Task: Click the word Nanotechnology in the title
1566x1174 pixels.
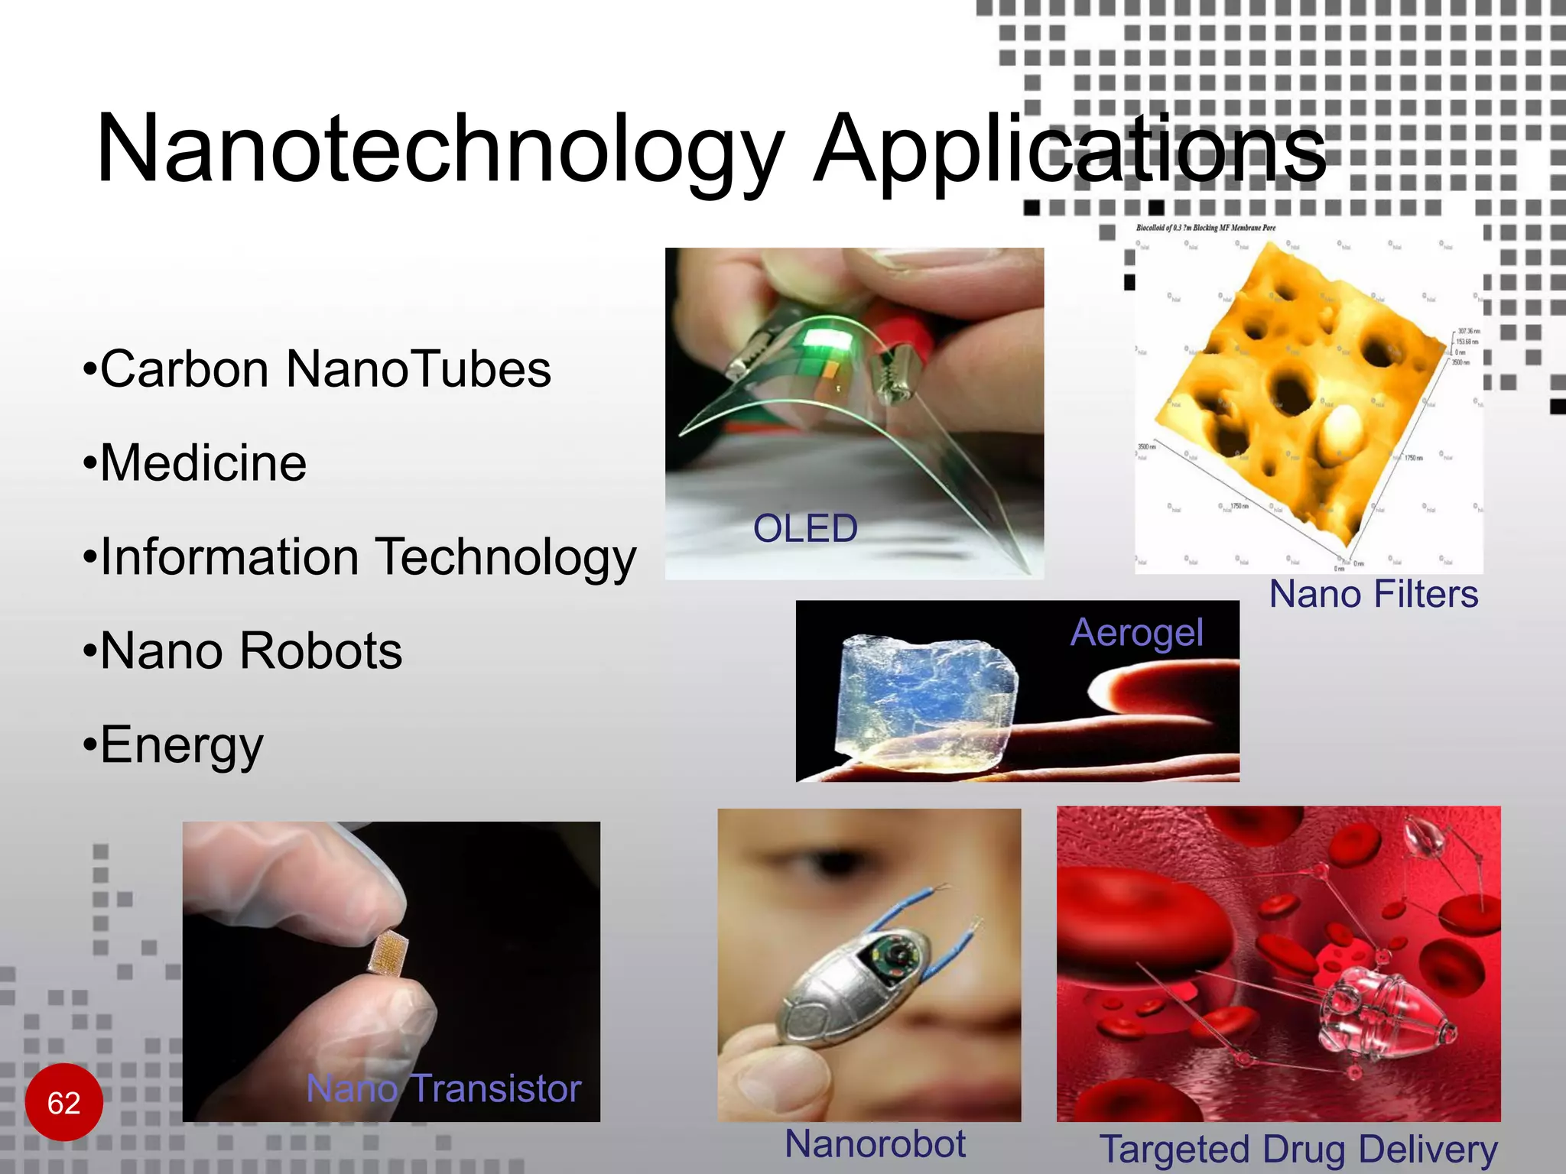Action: tap(440, 149)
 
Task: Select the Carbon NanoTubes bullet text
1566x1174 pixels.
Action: tap(325, 370)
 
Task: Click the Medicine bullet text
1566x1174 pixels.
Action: tap(203, 464)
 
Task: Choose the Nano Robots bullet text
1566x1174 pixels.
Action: tap(251, 651)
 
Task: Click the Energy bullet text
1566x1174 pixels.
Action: tap(182, 745)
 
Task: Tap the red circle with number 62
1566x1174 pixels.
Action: tap(64, 1102)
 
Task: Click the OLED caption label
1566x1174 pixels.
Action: tap(805, 529)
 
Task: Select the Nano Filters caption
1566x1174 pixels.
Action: tap(1373, 595)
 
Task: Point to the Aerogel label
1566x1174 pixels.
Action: tap(1136, 633)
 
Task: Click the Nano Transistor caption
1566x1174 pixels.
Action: tap(443, 1088)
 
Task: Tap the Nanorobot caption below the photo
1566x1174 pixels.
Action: tap(875, 1145)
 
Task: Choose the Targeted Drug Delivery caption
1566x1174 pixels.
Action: tap(1298, 1150)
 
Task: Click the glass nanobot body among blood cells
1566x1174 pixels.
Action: tap(1376, 1009)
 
